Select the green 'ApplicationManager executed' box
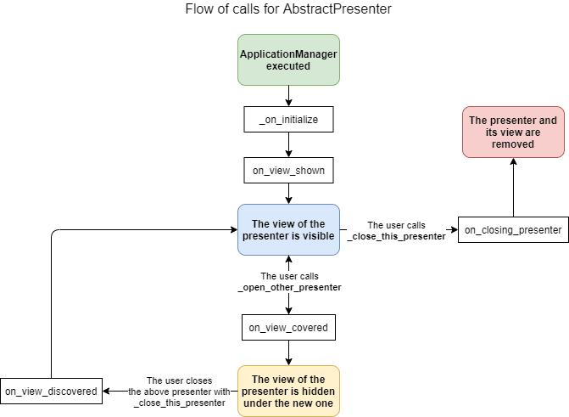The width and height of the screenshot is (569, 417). point(288,59)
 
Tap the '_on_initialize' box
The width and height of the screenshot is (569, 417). point(288,120)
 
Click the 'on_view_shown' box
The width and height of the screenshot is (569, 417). point(288,171)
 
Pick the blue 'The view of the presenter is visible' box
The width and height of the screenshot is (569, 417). point(288,230)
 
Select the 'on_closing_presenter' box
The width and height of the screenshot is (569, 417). point(513,230)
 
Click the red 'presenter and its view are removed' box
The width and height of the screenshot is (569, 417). point(513,132)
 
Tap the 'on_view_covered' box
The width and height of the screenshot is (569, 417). point(288,327)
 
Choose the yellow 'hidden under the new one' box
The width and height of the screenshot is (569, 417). point(288,391)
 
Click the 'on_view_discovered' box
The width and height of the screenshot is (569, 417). point(51,391)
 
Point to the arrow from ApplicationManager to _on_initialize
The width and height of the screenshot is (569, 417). point(288,96)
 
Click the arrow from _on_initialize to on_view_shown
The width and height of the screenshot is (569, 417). point(288,145)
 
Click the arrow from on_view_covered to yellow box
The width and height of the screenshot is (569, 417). point(288,352)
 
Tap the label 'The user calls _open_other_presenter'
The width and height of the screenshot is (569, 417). point(289,282)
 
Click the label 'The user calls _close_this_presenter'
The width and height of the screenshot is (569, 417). point(397,231)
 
